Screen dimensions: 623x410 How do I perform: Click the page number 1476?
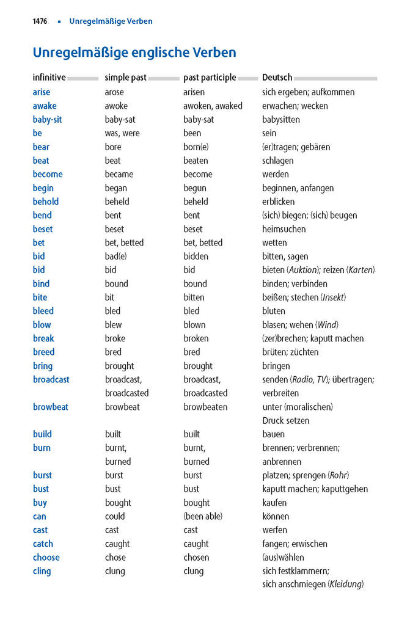(40, 21)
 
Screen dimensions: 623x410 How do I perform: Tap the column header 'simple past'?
(125, 78)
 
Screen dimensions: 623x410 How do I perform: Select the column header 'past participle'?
(210, 78)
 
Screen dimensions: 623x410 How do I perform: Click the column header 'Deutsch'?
(277, 78)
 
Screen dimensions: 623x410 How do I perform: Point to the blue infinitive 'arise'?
(42, 92)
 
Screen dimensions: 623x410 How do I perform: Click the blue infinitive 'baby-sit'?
(47, 120)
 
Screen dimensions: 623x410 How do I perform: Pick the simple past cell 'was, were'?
(122, 133)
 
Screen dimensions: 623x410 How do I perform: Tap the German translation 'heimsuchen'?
(284, 229)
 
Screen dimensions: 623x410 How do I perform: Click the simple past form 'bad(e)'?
(115, 257)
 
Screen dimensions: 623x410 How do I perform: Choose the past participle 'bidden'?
(196, 257)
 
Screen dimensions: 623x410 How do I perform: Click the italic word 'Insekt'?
(333, 297)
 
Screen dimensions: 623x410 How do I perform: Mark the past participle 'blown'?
(194, 325)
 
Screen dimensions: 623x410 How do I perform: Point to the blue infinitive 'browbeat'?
(50, 407)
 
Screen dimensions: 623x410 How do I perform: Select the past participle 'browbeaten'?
(205, 407)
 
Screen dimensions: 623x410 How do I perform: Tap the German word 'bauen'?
(273, 434)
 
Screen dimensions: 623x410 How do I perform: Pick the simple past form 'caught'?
(117, 544)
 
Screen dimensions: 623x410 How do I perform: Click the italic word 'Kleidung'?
(345, 585)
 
